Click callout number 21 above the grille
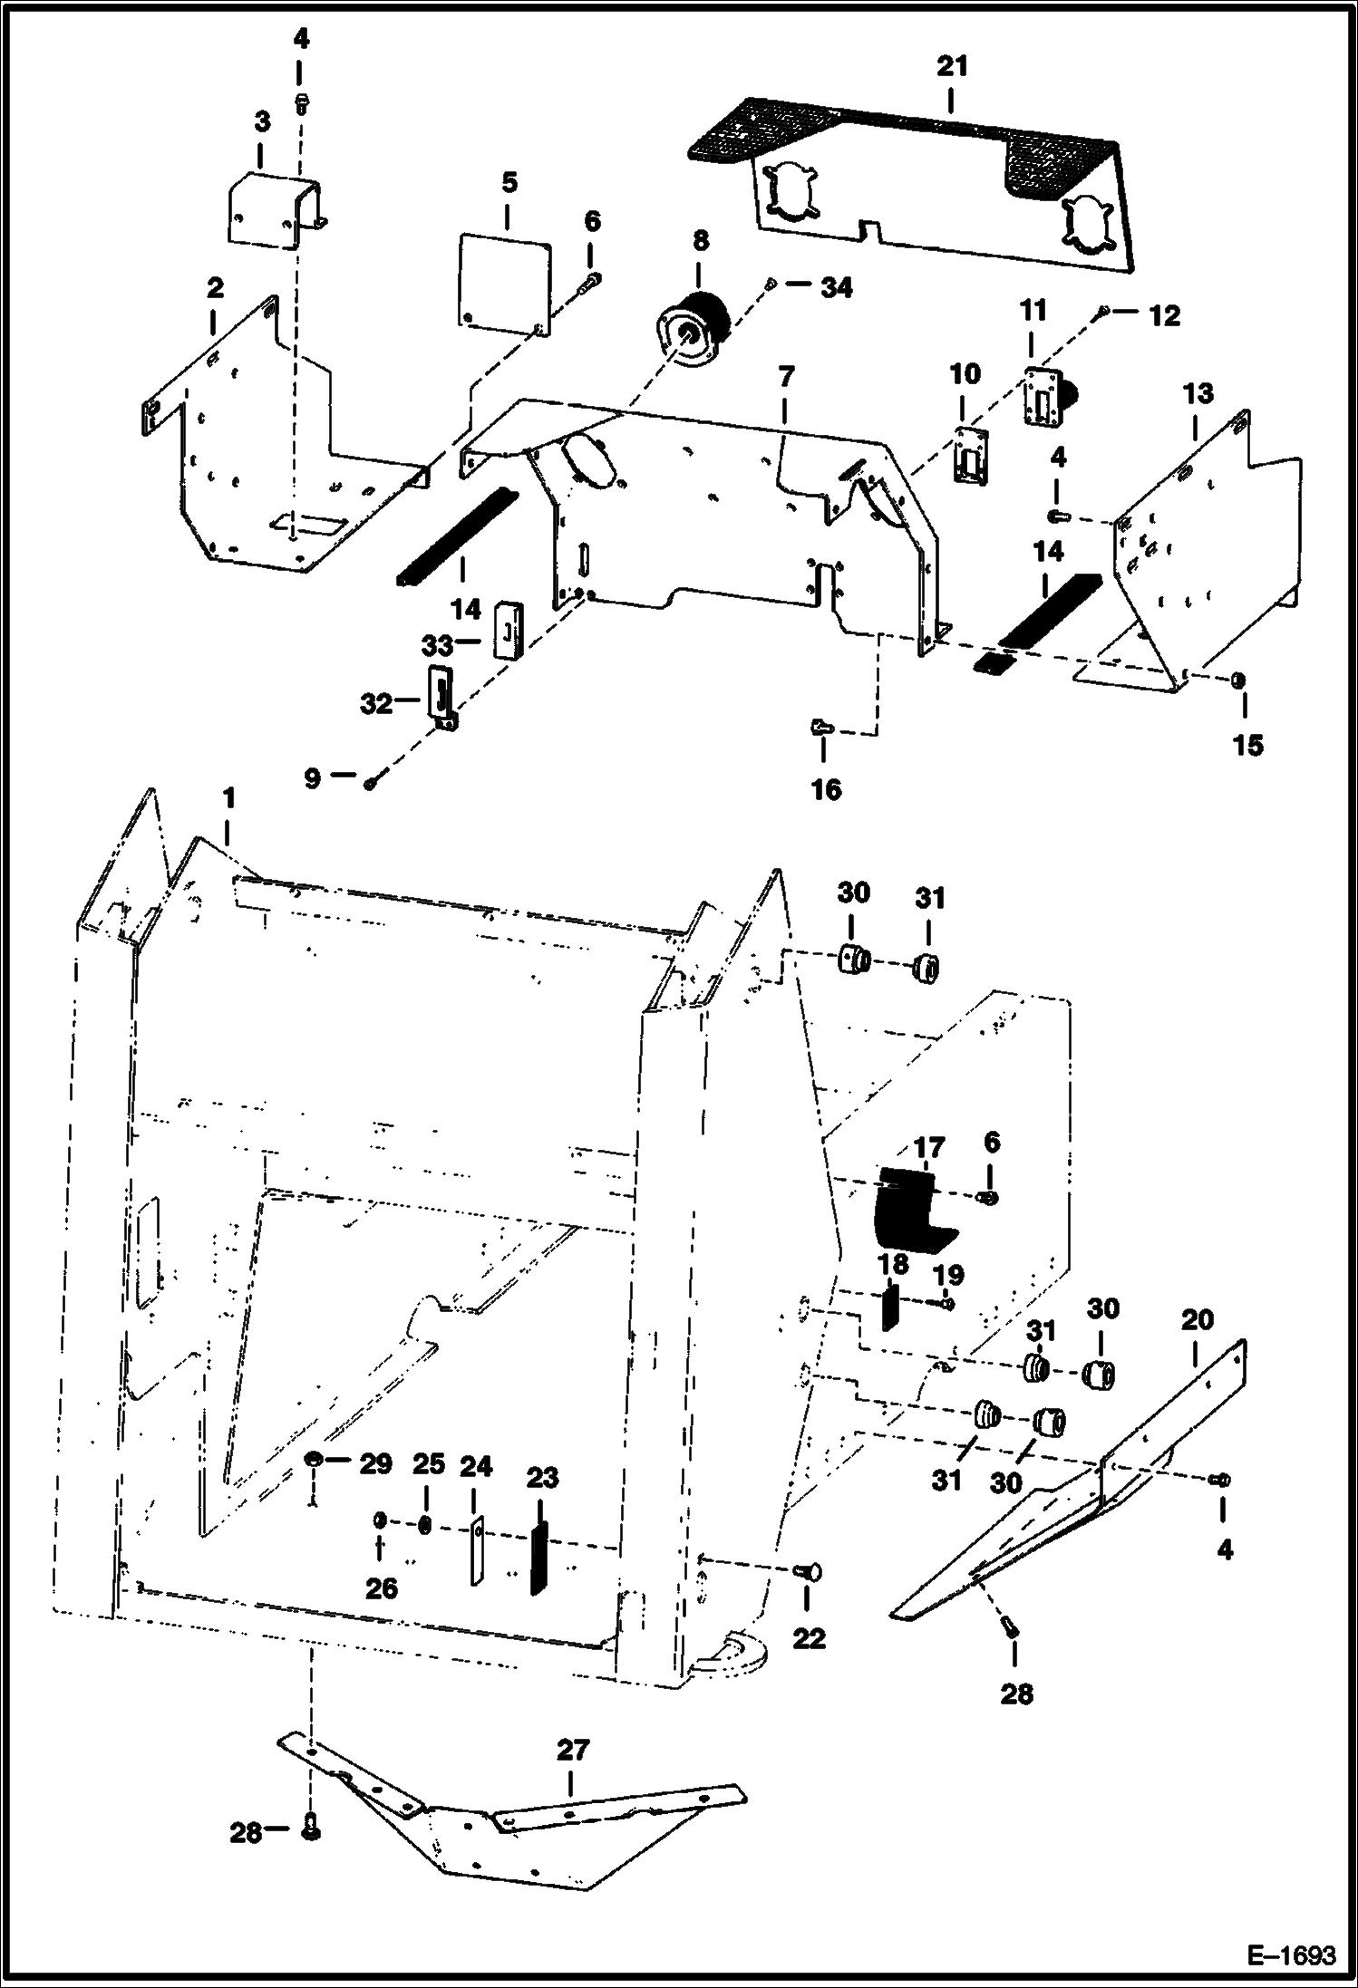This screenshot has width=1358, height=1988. (x=953, y=67)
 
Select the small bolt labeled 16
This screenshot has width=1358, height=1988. (x=821, y=725)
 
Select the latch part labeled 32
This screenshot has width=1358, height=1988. (x=441, y=692)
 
